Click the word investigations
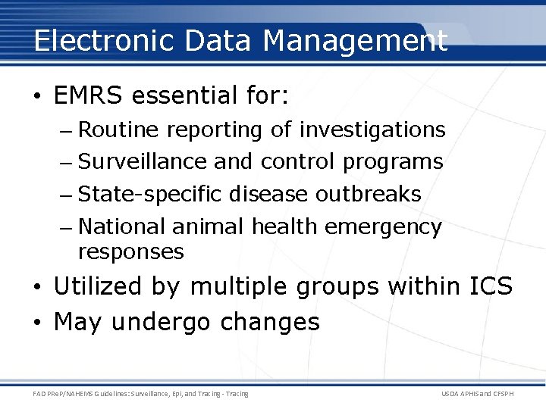[x=372, y=130]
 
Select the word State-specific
[x=150, y=195]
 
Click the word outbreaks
[x=368, y=195]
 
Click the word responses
[x=130, y=251]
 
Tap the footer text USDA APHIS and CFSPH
[x=477, y=394]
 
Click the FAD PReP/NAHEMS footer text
[x=140, y=394]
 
